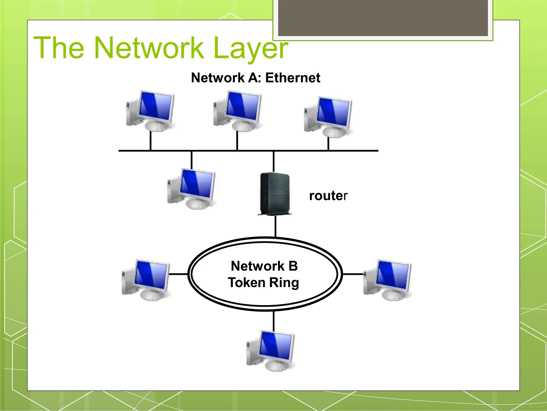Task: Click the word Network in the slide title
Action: tap(149, 48)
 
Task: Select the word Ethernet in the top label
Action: tap(293, 78)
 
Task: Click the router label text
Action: tap(328, 196)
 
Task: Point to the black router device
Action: tap(275, 194)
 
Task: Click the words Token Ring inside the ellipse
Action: tap(263, 283)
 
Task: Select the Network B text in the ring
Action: tap(264, 266)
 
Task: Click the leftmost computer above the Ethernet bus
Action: tap(150, 111)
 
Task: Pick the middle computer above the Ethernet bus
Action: tap(237, 111)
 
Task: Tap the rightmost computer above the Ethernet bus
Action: tap(328, 117)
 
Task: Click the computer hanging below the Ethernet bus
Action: tap(191, 189)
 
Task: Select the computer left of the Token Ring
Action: tap(146, 280)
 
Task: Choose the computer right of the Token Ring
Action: tap(387, 280)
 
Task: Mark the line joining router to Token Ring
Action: tap(275, 226)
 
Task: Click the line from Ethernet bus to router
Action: tap(273, 161)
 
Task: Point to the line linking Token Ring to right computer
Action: tap(353, 274)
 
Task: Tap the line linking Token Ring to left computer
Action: tap(178, 274)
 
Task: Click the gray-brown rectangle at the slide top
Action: tap(383, 18)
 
